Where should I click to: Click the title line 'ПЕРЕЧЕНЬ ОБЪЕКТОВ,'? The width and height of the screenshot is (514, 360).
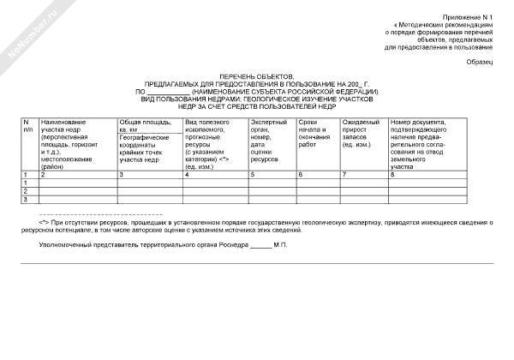pos(256,77)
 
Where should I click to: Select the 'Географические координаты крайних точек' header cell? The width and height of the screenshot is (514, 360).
pos(148,148)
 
